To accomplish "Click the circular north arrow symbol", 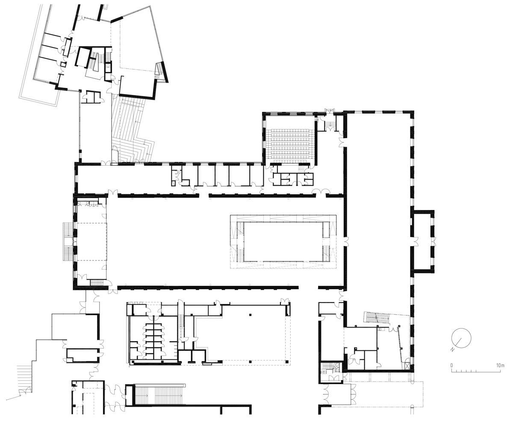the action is click(x=461, y=338).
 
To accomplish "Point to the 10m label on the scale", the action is click(x=500, y=365).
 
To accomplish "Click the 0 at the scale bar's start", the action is click(x=452, y=365).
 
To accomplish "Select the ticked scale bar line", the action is click(x=476, y=371).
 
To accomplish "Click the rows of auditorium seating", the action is click(x=290, y=144).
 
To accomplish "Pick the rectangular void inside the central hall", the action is click(x=283, y=241).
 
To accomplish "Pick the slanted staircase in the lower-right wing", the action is click(x=376, y=317).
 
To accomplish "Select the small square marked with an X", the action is click(x=407, y=366).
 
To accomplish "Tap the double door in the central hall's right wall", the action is click(x=346, y=242).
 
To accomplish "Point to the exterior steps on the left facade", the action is click(x=68, y=241).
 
